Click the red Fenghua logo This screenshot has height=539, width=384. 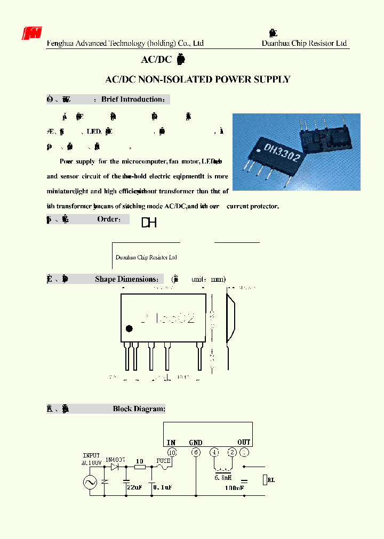click(31, 34)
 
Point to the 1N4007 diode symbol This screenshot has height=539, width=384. click(113, 467)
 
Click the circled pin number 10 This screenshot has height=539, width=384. click(171, 452)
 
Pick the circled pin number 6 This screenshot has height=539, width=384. click(196, 452)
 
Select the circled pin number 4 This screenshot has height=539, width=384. click(214, 452)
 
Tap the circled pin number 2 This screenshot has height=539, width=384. click(231, 452)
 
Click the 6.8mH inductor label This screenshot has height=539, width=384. click(223, 478)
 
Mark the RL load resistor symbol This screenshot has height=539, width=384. click(265, 480)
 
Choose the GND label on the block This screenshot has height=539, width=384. click(196, 442)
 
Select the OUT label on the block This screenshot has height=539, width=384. click(244, 442)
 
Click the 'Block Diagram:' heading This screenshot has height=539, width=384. click(139, 409)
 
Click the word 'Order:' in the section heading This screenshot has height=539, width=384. click(112, 219)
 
